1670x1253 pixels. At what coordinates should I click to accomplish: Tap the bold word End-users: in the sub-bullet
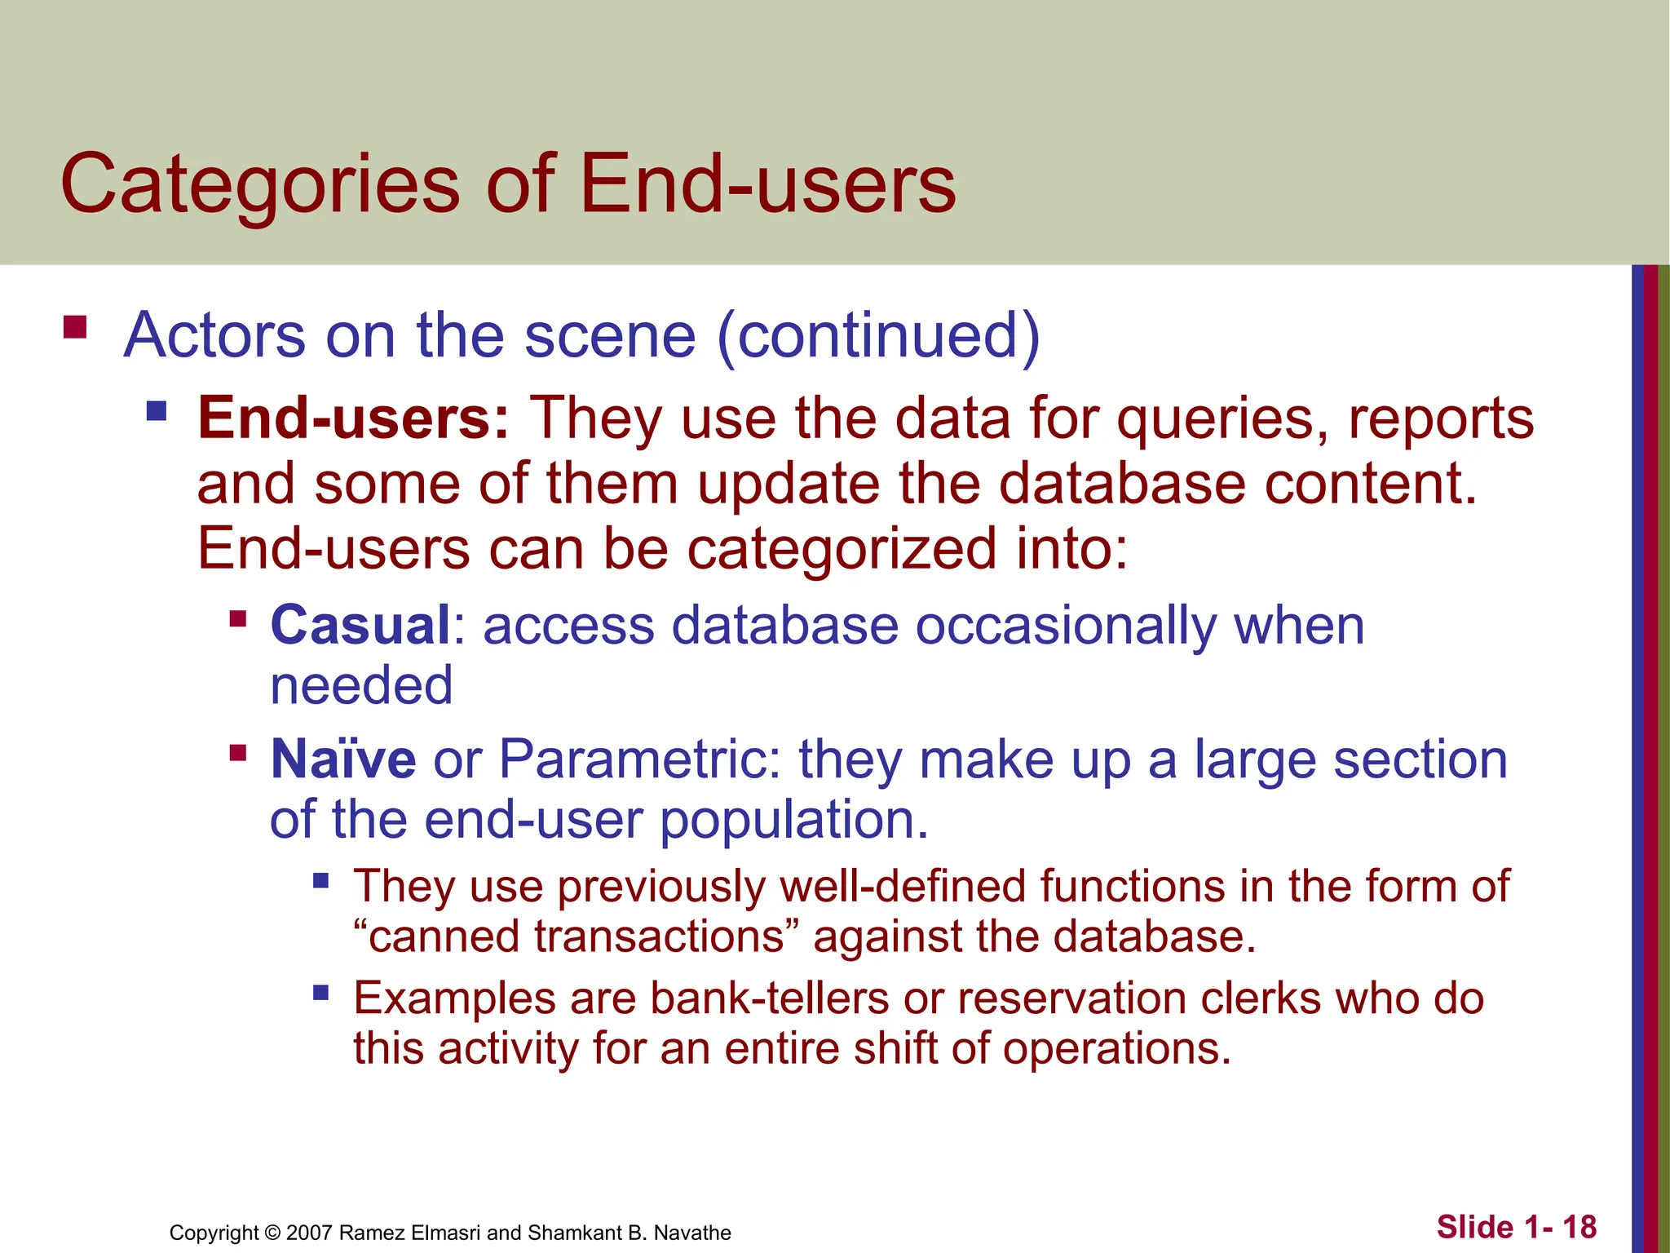pos(353,418)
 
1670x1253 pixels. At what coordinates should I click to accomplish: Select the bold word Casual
pos(360,626)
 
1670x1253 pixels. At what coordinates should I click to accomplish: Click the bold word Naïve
pos(343,759)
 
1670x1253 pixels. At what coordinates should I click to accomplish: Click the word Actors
pos(214,335)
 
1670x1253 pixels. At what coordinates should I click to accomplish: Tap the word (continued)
pos(878,335)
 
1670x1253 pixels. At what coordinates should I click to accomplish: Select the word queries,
pos(1222,418)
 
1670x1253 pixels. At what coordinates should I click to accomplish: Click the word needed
pos(361,686)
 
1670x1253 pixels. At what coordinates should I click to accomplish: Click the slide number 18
pos(1579,1227)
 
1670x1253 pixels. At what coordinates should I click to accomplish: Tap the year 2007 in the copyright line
pos(309,1233)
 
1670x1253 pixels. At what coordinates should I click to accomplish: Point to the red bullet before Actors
pos(75,327)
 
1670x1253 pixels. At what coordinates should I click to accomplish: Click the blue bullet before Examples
pos(320,993)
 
